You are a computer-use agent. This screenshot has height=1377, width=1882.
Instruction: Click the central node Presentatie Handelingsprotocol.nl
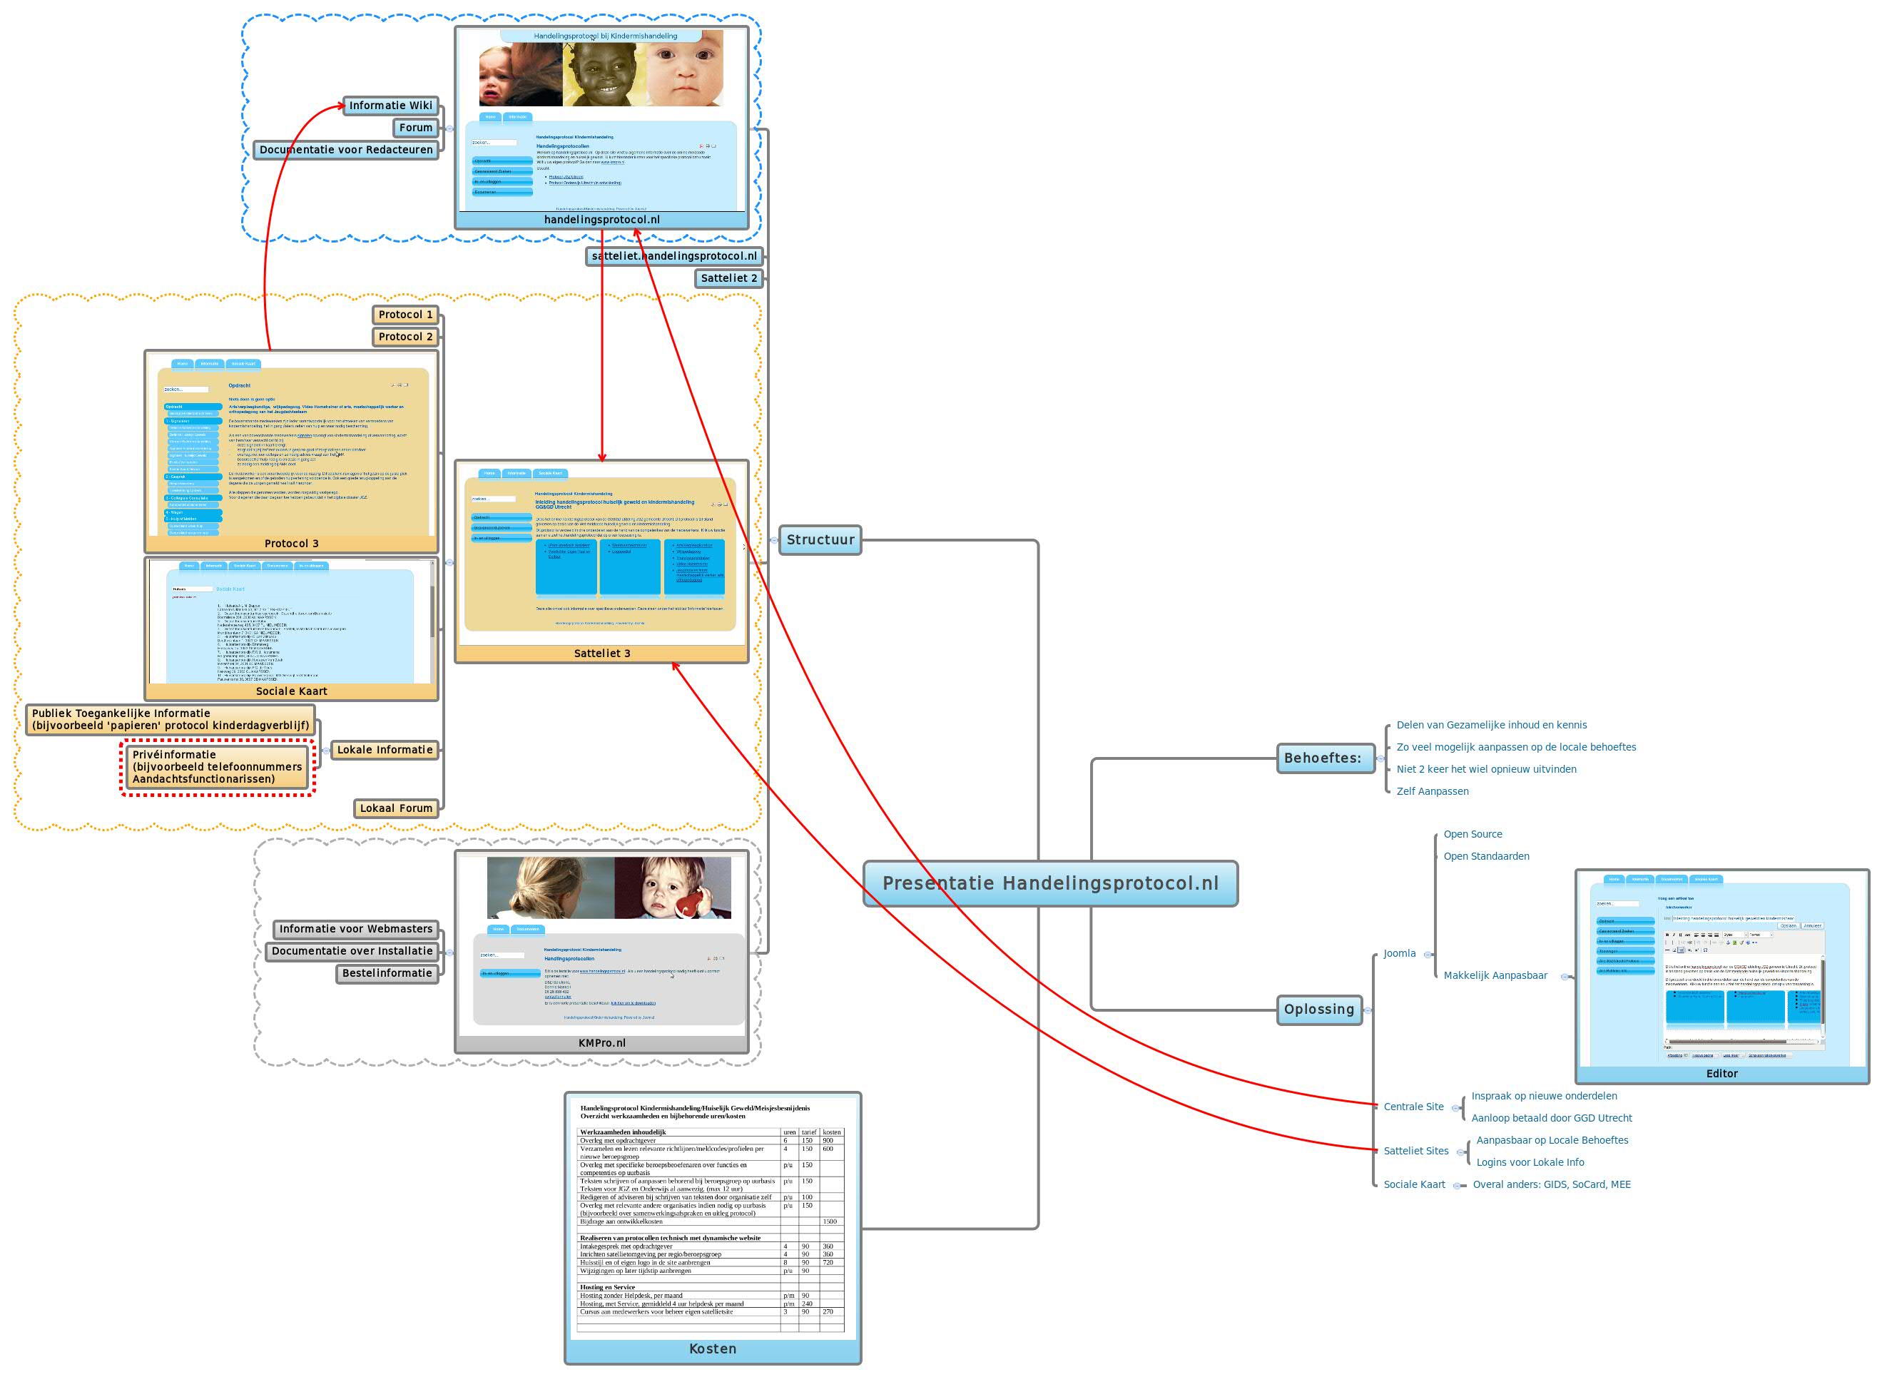tap(1049, 883)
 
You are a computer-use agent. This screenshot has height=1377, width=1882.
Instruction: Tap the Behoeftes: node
tap(1324, 758)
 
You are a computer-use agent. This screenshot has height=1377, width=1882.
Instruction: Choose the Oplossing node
tap(1318, 1010)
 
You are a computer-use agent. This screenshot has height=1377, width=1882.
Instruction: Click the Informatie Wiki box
tap(390, 106)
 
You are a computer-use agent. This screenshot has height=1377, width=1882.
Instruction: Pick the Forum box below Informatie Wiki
tap(415, 128)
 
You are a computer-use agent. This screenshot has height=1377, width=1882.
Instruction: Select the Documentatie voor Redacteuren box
tap(346, 150)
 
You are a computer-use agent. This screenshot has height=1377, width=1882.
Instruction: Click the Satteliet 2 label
tap(728, 278)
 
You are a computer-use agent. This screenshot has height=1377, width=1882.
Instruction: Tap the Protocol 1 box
tap(405, 315)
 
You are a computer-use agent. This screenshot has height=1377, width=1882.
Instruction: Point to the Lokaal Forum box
tap(396, 808)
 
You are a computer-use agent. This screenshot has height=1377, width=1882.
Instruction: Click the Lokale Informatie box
tap(385, 750)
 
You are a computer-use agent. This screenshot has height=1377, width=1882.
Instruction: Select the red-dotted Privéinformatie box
tap(217, 767)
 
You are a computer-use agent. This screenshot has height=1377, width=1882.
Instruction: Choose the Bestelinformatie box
tap(387, 974)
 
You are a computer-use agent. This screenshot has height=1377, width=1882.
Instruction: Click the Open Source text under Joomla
tap(1472, 834)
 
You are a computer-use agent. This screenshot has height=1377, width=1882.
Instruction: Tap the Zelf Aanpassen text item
tap(1432, 792)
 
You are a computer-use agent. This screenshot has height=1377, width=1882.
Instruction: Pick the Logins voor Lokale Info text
tap(1530, 1163)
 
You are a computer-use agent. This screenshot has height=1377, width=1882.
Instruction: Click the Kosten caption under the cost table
tap(712, 1348)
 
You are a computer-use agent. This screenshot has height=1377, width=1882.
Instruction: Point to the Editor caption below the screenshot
tap(1721, 1074)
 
